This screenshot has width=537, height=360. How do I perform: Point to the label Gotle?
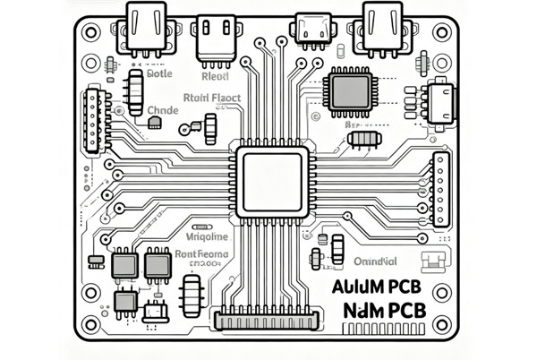tap(158, 75)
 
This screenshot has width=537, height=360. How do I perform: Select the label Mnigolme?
tap(207, 237)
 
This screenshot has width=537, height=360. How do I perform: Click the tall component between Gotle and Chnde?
tap(135, 91)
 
